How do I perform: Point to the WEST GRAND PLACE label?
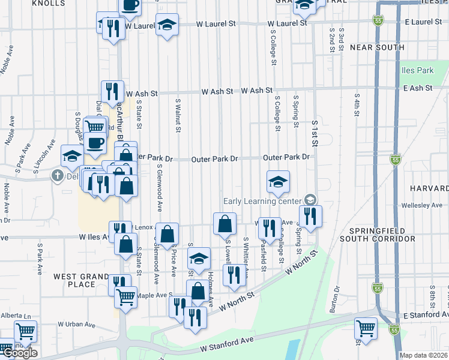(81, 281)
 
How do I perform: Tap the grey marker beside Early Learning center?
(310, 199)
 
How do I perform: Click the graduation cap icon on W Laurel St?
(167, 26)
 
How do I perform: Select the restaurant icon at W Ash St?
(112, 92)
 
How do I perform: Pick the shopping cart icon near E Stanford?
(366, 329)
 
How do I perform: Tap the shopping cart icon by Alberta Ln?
(25, 331)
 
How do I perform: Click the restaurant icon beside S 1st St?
(310, 217)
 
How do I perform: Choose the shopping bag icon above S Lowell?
(224, 224)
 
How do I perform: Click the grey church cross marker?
(57, 176)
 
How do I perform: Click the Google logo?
(20, 353)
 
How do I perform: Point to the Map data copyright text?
(423, 355)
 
